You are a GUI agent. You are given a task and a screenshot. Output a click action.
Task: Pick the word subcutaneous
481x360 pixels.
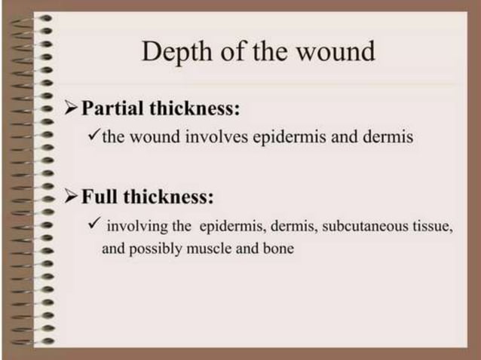pos(360,227)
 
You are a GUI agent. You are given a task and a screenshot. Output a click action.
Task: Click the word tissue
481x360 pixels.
pos(434,227)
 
